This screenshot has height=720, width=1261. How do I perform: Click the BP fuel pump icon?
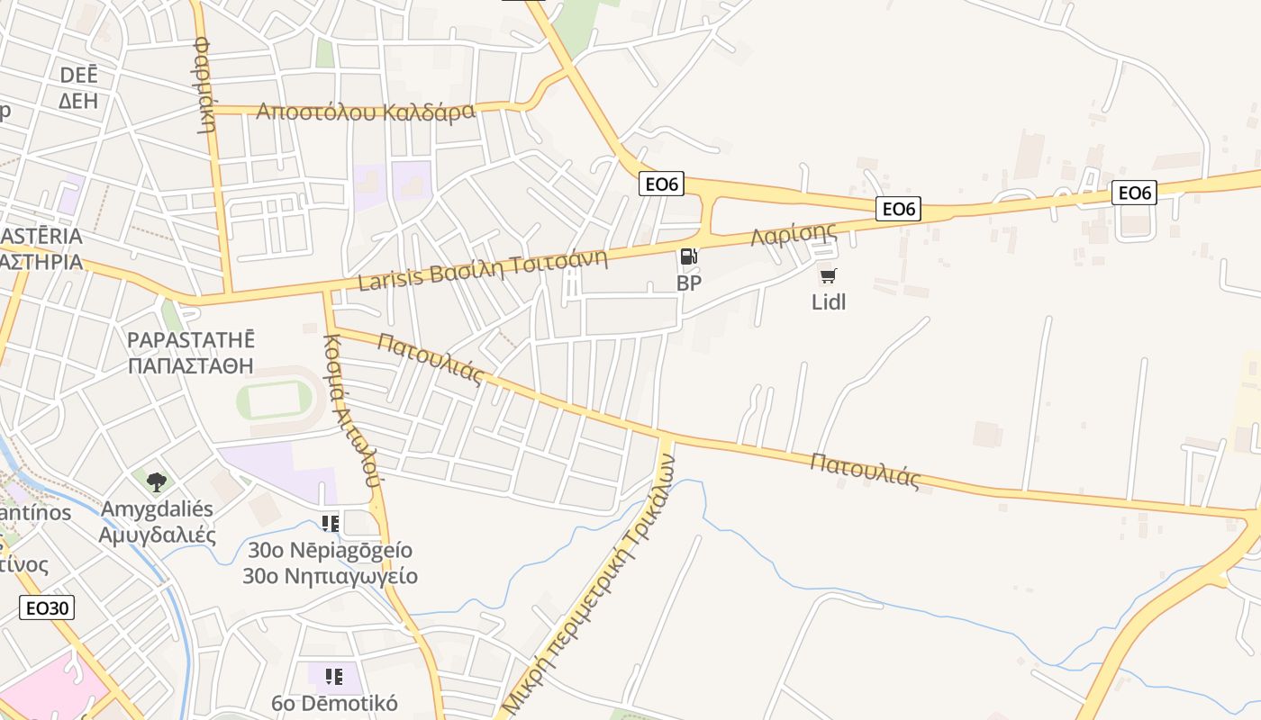click(x=689, y=257)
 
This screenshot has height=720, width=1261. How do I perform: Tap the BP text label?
click(x=689, y=283)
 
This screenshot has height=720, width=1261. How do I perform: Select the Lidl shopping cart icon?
click(x=828, y=276)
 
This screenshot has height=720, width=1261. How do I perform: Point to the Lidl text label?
click(x=829, y=301)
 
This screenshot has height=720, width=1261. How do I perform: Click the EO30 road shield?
click(x=47, y=607)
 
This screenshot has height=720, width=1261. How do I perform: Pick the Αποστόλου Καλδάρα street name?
click(x=365, y=112)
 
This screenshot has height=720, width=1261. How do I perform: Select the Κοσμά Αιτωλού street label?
click(x=351, y=410)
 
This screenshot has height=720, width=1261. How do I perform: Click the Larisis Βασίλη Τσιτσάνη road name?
click(x=483, y=270)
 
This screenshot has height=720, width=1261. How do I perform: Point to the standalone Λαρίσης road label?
click(x=794, y=235)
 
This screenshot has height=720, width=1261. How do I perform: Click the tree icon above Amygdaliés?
click(x=157, y=481)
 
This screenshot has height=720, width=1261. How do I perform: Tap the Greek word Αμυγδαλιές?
click(x=158, y=535)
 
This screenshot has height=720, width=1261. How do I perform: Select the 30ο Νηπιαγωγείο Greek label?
click(x=330, y=576)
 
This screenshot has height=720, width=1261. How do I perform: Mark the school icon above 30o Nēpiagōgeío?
click(x=331, y=523)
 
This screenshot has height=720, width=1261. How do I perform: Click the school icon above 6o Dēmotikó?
click(x=334, y=676)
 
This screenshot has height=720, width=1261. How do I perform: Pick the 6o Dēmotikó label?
click(x=334, y=703)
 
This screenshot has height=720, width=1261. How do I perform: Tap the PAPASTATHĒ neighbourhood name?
click(x=191, y=340)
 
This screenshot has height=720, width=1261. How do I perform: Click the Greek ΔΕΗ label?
click(x=78, y=101)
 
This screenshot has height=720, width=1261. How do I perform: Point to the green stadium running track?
click(x=275, y=400)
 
